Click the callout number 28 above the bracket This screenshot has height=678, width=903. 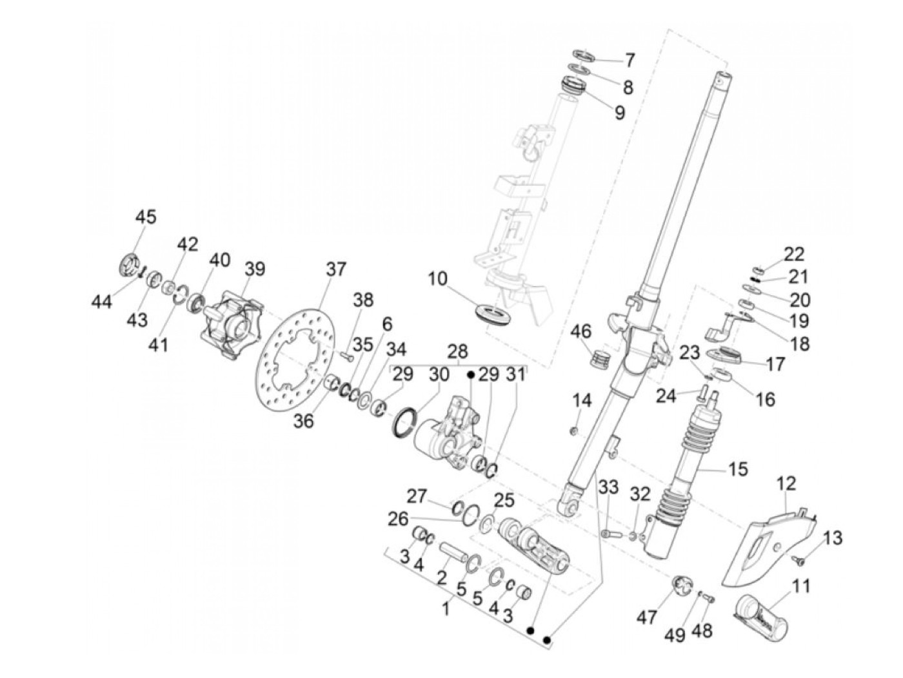coord(457,352)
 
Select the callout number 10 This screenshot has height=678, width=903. coord(437,279)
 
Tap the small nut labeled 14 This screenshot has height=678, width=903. coord(572,431)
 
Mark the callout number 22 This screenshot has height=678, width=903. coord(793,255)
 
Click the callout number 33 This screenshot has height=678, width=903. coord(608,487)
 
